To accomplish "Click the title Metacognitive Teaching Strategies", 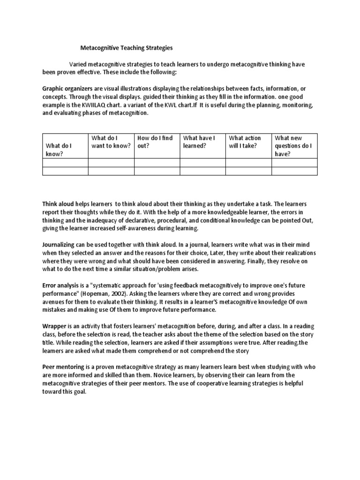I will tap(127, 48).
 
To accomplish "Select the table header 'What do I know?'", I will tap(59, 150).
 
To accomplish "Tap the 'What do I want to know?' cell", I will tap(111, 142).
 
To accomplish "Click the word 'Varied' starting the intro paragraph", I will tap(79, 64).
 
